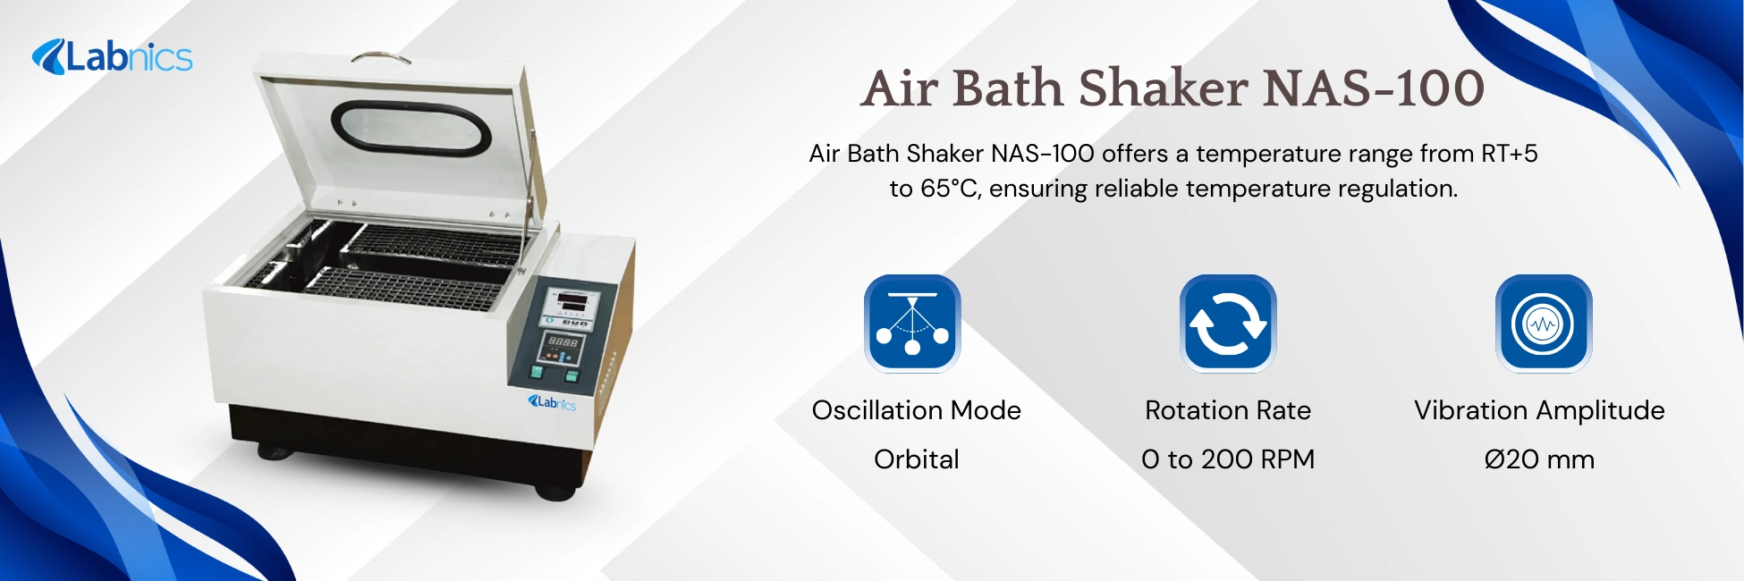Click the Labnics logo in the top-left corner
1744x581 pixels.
click(113, 57)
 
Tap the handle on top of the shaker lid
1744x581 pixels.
click(382, 58)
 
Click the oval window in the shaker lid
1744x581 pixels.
click(411, 128)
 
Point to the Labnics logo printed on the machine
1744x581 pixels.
click(553, 402)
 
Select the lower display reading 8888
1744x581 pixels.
click(563, 342)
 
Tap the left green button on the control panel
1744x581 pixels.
click(538, 371)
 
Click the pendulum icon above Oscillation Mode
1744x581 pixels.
click(912, 323)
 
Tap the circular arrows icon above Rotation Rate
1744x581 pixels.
click(1228, 323)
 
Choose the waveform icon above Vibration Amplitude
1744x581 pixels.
click(1543, 323)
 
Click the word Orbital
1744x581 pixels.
click(916, 459)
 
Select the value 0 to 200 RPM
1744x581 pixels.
click(1228, 459)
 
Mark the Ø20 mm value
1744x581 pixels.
click(1539, 459)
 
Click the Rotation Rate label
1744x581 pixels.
click(1228, 410)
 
